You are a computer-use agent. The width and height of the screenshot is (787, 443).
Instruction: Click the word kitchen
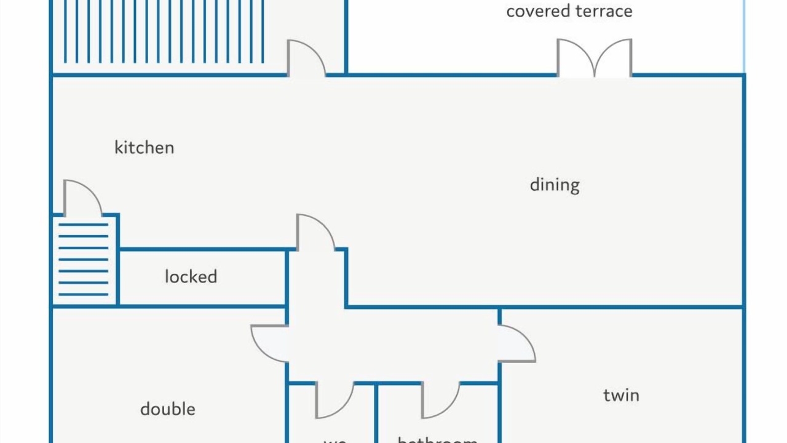pyautogui.click(x=144, y=148)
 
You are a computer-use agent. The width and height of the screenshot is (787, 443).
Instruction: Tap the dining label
pyautogui.click(x=555, y=185)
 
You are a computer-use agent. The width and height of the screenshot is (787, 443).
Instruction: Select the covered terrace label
pyautogui.click(x=569, y=11)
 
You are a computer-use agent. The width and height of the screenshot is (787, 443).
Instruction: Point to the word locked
pyautogui.click(x=191, y=277)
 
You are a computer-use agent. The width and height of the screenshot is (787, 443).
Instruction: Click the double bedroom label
pyautogui.click(x=168, y=409)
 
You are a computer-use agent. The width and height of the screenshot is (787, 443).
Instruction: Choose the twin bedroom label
pyautogui.click(x=621, y=395)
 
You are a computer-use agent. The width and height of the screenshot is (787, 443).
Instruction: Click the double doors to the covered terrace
pyautogui.click(x=595, y=59)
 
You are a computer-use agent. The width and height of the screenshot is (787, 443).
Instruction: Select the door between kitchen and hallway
pyautogui.click(x=315, y=233)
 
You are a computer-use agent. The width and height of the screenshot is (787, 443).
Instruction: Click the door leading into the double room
pyautogui.click(x=269, y=343)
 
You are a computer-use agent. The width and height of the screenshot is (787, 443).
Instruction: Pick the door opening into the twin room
pyautogui.click(x=516, y=344)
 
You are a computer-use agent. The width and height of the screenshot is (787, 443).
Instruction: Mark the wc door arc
pyautogui.click(x=334, y=400)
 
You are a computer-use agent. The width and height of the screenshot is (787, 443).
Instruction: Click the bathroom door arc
pyautogui.click(x=440, y=400)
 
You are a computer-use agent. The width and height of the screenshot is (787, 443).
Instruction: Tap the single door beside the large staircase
pyautogui.click(x=306, y=58)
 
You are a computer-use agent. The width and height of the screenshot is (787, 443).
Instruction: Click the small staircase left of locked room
pyautogui.click(x=84, y=260)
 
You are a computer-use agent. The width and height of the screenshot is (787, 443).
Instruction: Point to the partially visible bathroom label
pyautogui.click(x=437, y=439)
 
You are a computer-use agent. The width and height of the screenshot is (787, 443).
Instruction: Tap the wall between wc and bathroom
pyautogui.click(x=376, y=412)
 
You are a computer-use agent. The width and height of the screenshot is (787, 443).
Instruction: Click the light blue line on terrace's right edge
pyautogui.click(x=745, y=37)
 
